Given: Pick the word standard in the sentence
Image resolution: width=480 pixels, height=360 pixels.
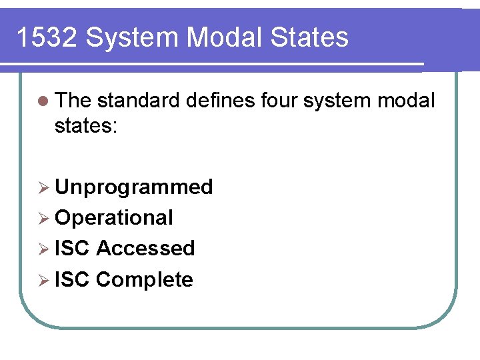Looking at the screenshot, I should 139,101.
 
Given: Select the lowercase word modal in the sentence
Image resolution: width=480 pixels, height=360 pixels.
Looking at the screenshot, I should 407,101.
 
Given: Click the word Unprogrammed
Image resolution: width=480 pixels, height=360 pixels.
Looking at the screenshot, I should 134,187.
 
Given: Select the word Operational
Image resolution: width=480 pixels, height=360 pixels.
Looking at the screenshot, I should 114,217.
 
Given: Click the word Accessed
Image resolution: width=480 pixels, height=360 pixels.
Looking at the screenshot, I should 145,248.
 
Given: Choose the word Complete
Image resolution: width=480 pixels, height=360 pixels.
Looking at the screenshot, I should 145,279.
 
